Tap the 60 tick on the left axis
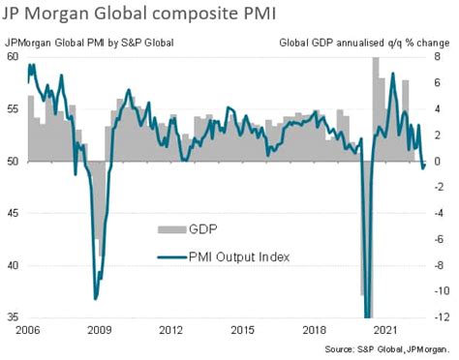(x=13, y=57)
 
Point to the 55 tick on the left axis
(x=13, y=109)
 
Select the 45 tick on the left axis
(x=13, y=213)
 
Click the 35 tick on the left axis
(x=13, y=317)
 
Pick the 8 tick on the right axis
(x=437, y=57)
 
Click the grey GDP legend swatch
(x=172, y=229)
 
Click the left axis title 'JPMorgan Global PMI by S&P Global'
(x=89, y=42)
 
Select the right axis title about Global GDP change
(x=365, y=42)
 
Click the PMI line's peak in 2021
(x=392, y=74)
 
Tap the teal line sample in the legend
(x=172, y=255)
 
